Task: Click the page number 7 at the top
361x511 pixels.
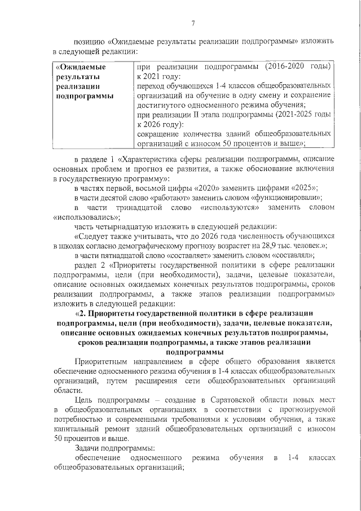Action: (192, 23)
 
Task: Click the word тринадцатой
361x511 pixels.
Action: (131, 207)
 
